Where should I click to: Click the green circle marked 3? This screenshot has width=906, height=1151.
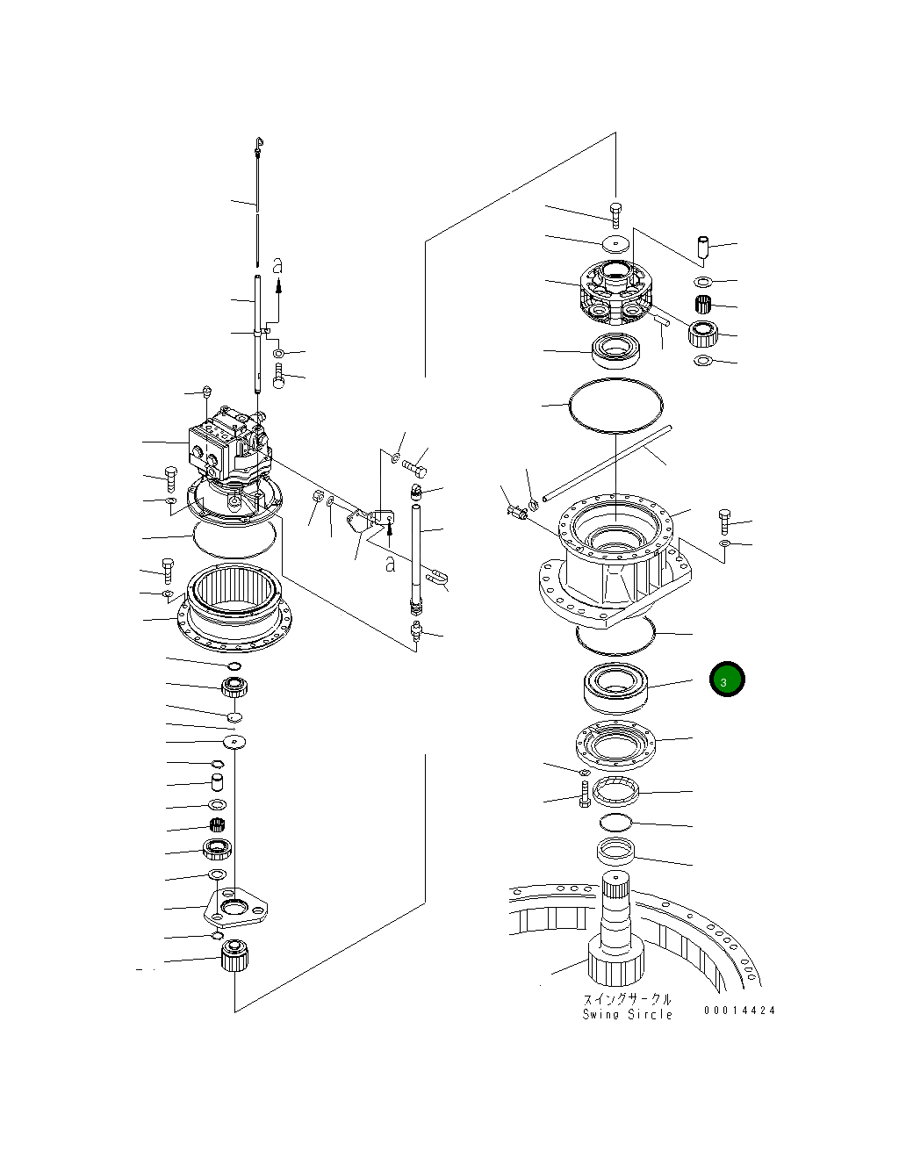tap(727, 679)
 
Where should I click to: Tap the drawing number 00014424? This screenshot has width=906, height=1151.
tap(739, 1011)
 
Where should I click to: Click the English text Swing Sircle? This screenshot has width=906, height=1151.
tap(628, 1014)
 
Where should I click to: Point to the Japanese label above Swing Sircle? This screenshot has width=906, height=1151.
tap(628, 999)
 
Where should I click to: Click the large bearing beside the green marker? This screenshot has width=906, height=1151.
tap(615, 683)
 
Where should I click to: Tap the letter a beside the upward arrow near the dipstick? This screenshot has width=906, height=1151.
tap(277, 263)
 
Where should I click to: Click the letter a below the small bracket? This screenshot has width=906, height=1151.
tap(389, 563)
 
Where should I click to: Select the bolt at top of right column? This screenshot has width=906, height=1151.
tap(615, 212)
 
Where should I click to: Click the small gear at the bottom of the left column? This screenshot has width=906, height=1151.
tap(234, 954)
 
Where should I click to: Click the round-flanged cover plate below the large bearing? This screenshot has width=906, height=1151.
tap(615, 745)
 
